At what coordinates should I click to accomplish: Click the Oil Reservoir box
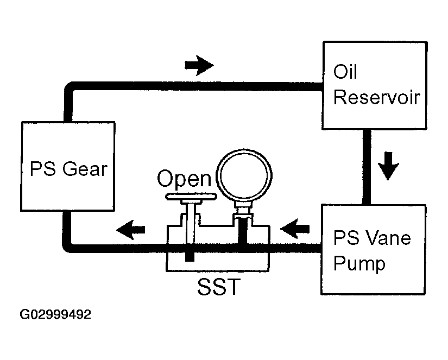375,85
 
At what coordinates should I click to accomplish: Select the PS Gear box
68,166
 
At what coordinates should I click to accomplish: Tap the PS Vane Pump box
374,249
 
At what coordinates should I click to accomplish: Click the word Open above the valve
184,179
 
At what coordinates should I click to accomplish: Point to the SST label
219,287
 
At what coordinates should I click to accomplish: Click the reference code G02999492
55,314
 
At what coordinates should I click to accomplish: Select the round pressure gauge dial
244,175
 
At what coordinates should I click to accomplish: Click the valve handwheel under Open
191,196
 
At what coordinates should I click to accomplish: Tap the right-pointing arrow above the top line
199,65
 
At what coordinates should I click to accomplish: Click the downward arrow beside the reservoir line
388,166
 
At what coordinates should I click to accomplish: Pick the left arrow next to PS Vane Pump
295,229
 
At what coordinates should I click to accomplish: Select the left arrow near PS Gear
131,230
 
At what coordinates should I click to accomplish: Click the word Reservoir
377,97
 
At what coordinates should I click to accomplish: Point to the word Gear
85,169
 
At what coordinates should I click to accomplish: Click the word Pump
359,264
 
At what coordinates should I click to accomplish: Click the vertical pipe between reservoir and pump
367,167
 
